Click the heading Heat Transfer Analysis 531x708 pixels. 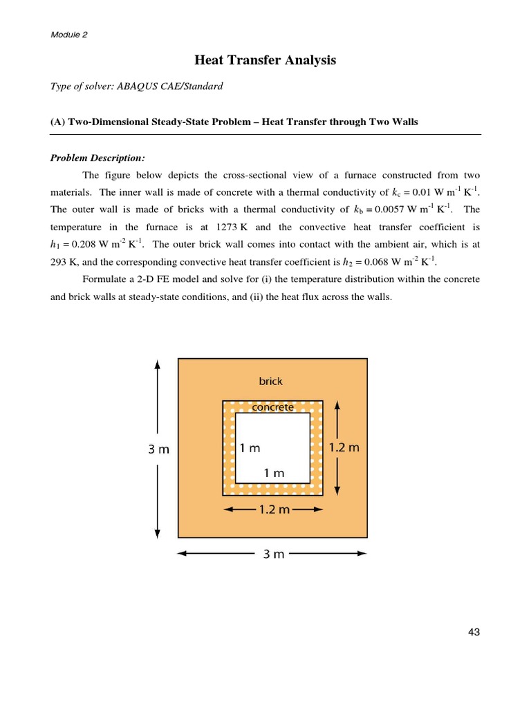tap(265, 61)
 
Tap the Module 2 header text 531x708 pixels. tap(69, 34)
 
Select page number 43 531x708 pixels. tap(474, 631)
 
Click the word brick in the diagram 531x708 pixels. tap(271, 381)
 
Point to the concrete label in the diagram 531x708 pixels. tap(272, 407)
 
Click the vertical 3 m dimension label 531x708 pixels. tap(158, 449)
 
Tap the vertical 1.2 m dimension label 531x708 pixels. tap(345, 447)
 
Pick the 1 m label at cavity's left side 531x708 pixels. tap(250, 448)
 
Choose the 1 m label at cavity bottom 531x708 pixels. tap(274, 474)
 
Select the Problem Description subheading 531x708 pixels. tap(97, 158)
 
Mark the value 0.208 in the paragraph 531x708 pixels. tap(86, 245)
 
